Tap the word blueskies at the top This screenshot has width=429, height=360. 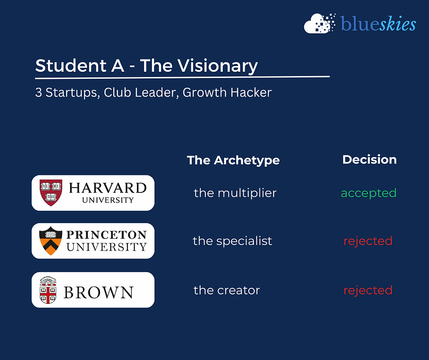click(378, 24)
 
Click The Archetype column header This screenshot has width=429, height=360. click(233, 160)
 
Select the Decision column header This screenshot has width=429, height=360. click(369, 160)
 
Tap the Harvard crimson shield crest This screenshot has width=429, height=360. click(51, 193)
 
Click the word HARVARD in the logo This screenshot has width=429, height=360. click(108, 188)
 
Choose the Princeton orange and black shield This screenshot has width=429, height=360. click(50, 241)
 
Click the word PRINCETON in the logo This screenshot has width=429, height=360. click(106, 235)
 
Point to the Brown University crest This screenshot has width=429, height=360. click(48, 290)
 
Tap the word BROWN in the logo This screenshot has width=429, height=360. click(98, 292)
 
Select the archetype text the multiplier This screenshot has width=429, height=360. click(235, 193)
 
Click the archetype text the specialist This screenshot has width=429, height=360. click(232, 241)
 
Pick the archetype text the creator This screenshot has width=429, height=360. click(227, 290)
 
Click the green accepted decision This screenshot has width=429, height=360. click(369, 193)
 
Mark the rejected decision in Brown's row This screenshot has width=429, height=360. click(368, 290)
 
